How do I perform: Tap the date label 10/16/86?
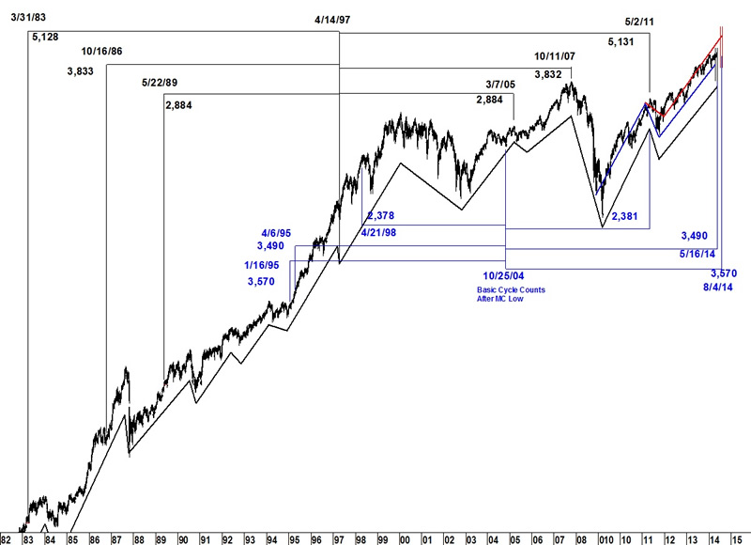[x=102, y=52]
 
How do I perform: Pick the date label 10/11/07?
[x=554, y=56]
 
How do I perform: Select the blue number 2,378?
[x=381, y=215]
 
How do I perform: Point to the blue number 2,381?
[x=625, y=216]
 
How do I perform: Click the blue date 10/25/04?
[x=505, y=275]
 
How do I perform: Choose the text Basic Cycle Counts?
[x=511, y=289]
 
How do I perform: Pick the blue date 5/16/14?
[x=697, y=254]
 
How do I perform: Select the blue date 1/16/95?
[x=261, y=265]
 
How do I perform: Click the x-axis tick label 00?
[x=405, y=538]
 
